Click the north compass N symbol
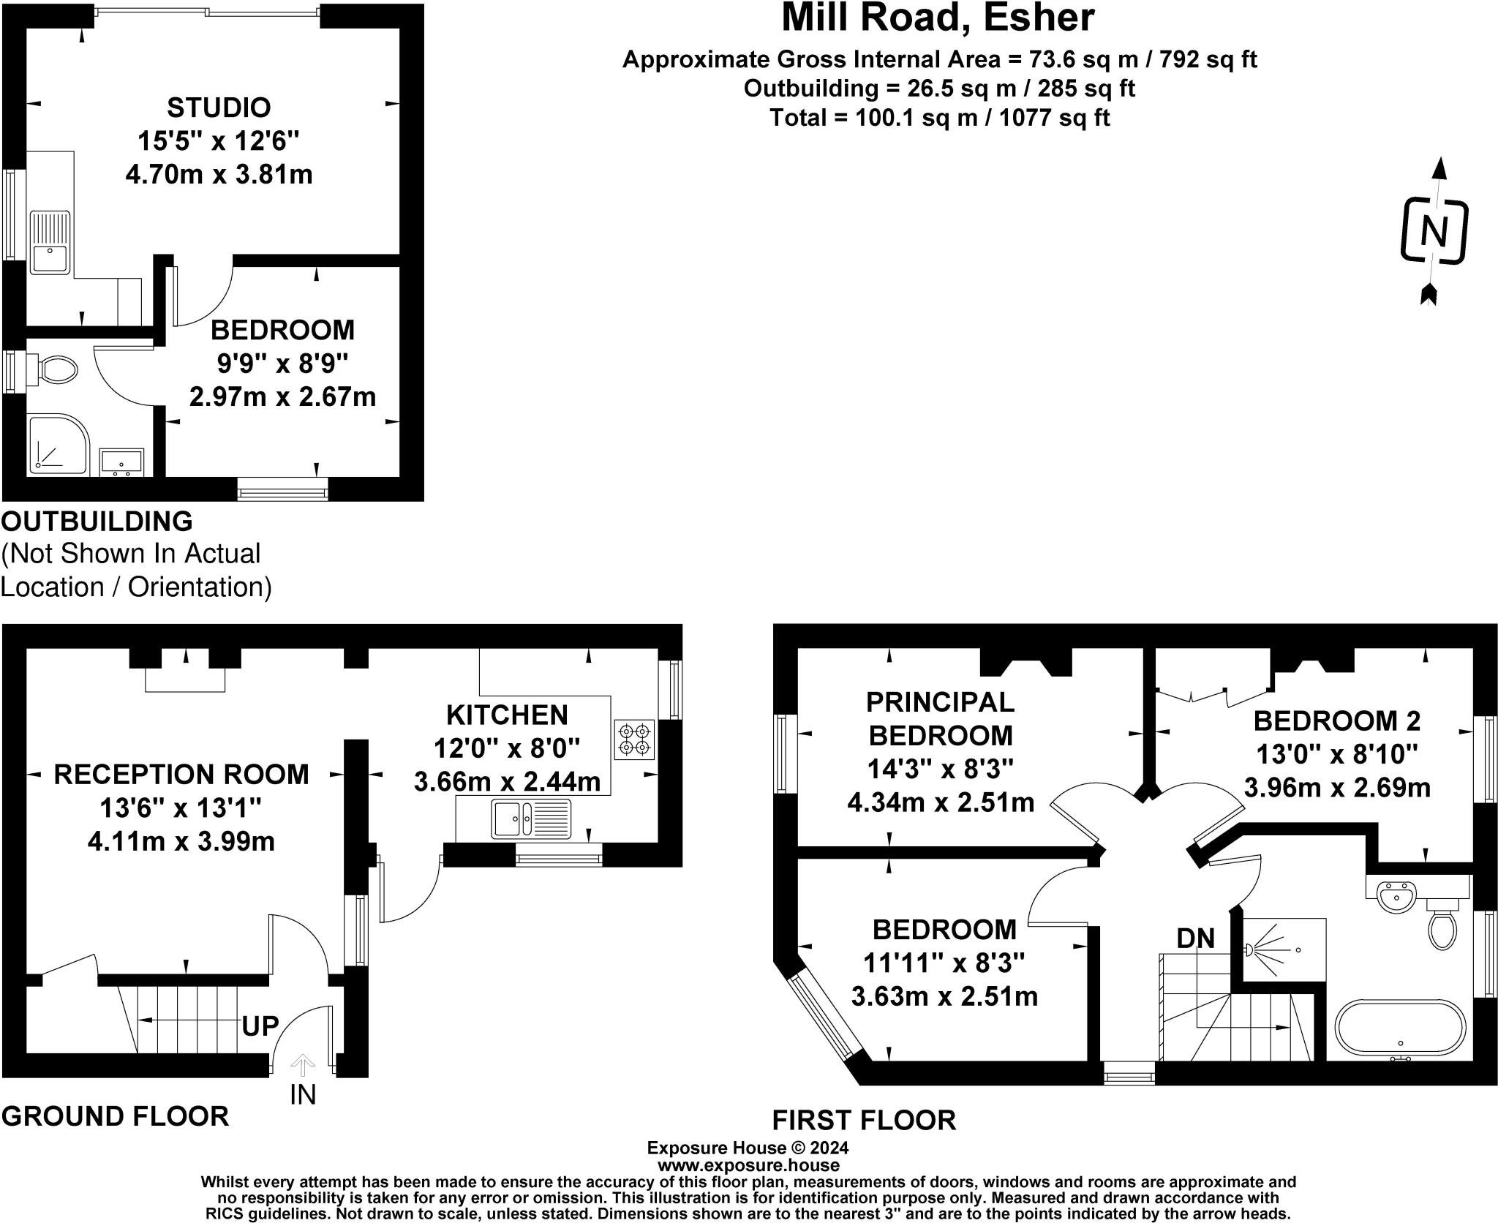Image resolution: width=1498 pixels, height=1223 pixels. (1434, 231)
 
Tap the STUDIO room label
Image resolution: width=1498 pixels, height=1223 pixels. (219, 108)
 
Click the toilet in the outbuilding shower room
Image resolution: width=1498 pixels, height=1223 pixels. (57, 370)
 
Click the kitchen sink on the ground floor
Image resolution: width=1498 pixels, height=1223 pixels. (530, 818)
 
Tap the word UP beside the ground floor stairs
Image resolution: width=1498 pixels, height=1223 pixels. (260, 1026)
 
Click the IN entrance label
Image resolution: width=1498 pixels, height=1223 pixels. (303, 1095)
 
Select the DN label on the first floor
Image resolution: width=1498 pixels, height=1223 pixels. (1195, 938)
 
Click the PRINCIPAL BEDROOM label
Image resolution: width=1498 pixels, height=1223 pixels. (940, 718)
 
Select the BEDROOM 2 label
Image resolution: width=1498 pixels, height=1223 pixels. (1336, 721)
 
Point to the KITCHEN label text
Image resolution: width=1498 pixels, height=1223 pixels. (507, 715)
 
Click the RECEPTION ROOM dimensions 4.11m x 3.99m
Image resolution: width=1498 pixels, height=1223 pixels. (181, 841)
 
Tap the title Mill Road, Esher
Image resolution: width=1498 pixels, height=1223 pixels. (938, 18)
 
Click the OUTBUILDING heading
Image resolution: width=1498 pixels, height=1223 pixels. (97, 522)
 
